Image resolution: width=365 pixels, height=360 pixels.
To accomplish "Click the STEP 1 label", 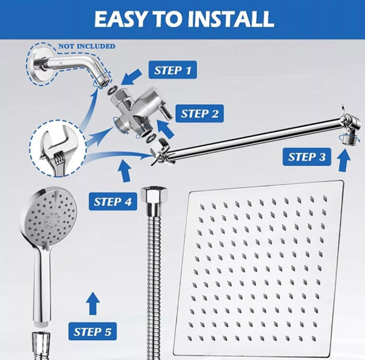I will pyautogui.click(x=173, y=70).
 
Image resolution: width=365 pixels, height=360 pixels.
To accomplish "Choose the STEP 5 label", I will pyautogui.click(x=91, y=331).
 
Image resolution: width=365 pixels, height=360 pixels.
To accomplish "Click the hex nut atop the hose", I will pyautogui.click(x=151, y=197).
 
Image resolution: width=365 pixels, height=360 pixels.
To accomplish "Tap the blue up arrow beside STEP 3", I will pyautogui.click(x=344, y=160).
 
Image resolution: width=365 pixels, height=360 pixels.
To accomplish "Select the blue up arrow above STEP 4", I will pyautogui.click(x=125, y=171).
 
